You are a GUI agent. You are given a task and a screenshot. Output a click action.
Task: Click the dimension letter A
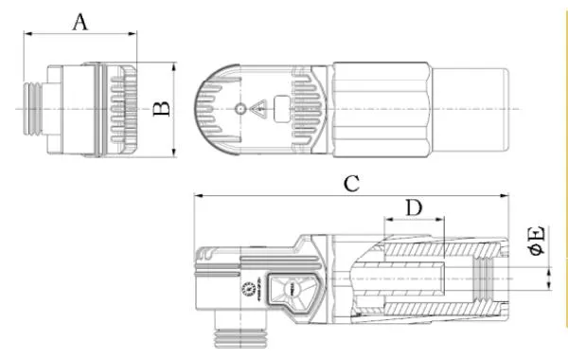[80, 21]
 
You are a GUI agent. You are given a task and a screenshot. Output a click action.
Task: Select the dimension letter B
[162, 110]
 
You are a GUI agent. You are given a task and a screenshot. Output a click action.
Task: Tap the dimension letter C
[350, 184]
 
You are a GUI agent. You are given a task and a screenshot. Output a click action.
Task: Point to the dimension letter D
[413, 207]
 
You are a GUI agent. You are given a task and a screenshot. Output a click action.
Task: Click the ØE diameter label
[535, 241]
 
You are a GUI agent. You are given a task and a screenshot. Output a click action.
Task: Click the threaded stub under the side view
[237, 332]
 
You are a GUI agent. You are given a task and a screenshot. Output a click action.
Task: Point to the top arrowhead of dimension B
[174, 67]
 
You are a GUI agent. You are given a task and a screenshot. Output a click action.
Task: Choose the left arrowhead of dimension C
[197, 197]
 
